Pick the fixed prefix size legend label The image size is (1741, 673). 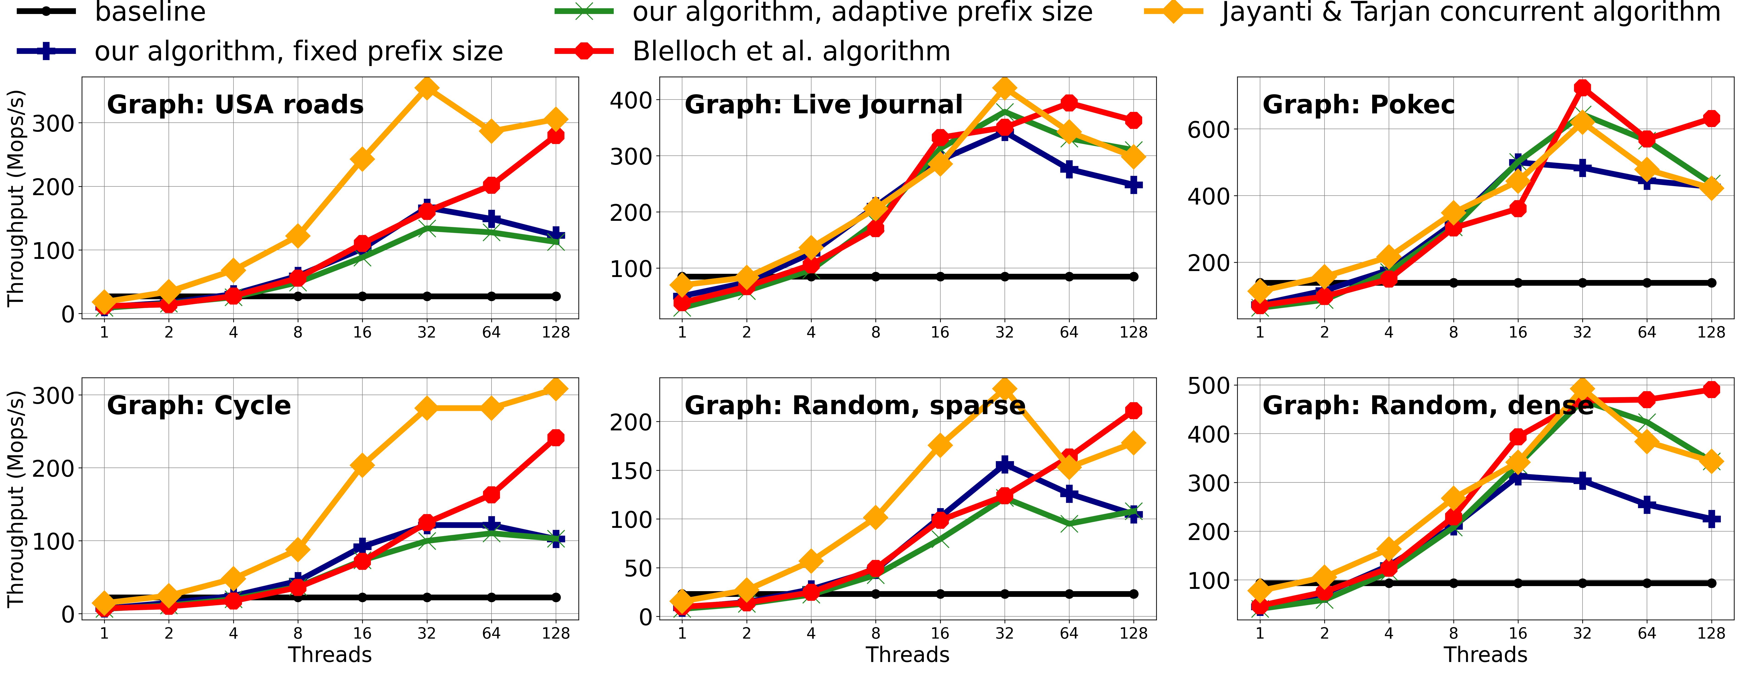coord(299,51)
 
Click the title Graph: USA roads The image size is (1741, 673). coord(235,105)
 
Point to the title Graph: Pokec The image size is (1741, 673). coord(1358,105)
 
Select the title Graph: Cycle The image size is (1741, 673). coord(199,405)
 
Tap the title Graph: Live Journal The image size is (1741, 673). coord(823,105)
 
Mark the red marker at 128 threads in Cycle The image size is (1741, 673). coord(555,438)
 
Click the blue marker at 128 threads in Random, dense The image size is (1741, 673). coord(1711,519)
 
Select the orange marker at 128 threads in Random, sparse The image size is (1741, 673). coord(1133,443)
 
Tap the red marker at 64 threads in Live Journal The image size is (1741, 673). coord(1069,103)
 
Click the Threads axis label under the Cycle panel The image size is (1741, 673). coord(330,655)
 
